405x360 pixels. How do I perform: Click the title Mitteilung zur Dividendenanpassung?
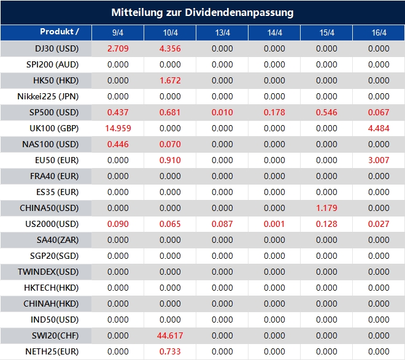pyautogui.click(x=202, y=12)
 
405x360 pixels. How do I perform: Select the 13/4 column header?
pyautogui.click(x=222, y=33)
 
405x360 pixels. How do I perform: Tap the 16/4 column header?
pyautogui.click(x=379, y=33)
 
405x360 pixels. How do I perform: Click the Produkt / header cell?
pyautogui.click(x=60, y=32)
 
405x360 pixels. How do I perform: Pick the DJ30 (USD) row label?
pyautogui.click(x=57, y=48)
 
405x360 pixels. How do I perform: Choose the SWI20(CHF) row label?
pyautogui.click(x=55, y=335)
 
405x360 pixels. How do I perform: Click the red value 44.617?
pyautogui.click(x=170, y=335)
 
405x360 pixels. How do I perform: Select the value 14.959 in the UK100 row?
pyautogui.click(x=118, y=128)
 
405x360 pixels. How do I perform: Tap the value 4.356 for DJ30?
pyautogui.click(x=170, y=48)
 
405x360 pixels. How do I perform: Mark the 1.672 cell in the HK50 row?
pyautogui.click(x=170, y=80)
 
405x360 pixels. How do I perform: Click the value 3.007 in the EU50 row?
pyautogui.click(x=379, y=160)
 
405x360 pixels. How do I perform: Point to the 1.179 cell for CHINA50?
pyautogui.click(x=326, y=208)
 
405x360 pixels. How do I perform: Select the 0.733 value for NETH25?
pyautogui.click(x=170, y=351)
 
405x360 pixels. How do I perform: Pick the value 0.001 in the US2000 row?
pyautogui.click(x=274, y=224)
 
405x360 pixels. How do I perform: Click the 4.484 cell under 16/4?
pyautogui.click(x=379, y=128)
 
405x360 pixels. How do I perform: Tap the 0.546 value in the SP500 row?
pyautogui.click(x=326, y=112)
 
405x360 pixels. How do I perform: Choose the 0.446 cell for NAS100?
pyautogui.click(x=118, y=144)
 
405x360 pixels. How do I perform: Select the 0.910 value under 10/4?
pyautogui.click(x=170, y=160)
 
